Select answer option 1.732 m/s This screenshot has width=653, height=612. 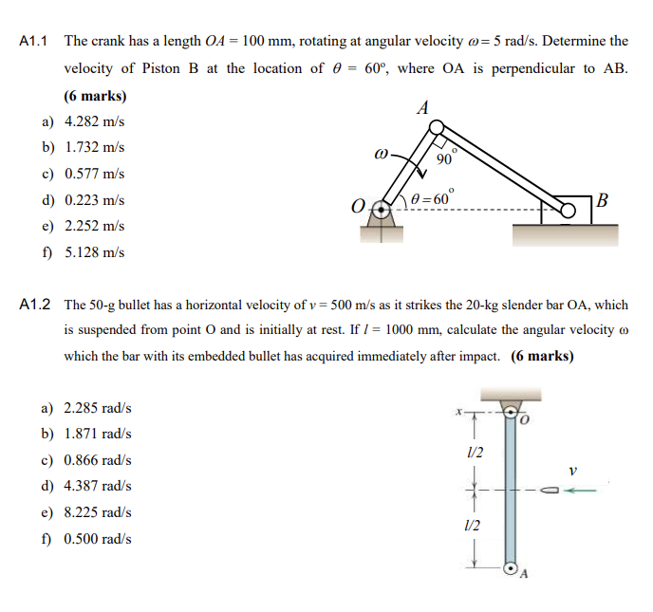coord(94,148)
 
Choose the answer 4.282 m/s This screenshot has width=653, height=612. coord(94,122)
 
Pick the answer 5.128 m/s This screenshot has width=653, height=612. coord(94,252)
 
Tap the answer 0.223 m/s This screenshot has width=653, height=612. coord(94,200)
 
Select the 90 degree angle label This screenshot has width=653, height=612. coord(445,158)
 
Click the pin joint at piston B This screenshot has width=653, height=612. coord(568,209)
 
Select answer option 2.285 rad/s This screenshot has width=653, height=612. coord(97,408)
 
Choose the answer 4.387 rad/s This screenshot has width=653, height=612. coord(97,486)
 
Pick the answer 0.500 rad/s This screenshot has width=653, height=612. coord(97,538)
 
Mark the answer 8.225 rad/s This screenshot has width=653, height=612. coord(97,512)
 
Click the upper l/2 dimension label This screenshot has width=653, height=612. coord(476,452)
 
